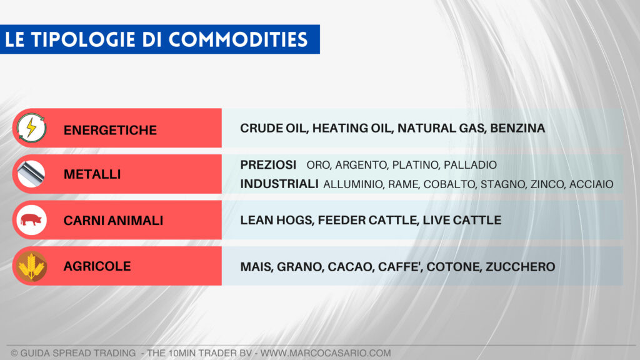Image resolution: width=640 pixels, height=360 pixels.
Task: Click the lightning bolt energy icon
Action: [x=31, y=128]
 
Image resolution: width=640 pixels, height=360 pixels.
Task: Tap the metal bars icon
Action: [x=31, y=174]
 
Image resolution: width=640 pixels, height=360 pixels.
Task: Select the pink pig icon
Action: [x=31, y=220]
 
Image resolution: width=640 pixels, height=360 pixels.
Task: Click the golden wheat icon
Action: [x=31, y=266]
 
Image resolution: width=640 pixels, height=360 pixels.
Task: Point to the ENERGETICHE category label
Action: [x=110, y=131]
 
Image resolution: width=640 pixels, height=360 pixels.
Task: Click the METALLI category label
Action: [x=92, y=175]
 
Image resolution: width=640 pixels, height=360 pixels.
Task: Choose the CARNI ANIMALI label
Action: [x=113, y=221]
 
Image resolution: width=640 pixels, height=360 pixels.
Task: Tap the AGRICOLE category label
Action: [x=97, y=266]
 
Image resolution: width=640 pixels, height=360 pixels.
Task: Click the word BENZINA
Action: [x=517, y=128]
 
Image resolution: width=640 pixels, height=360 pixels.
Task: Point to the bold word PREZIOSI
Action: [x=268, y=165]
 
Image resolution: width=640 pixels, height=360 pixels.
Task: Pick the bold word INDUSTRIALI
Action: [x=279, y=184]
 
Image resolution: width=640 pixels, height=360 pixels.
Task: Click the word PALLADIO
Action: [x=470, y=166]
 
